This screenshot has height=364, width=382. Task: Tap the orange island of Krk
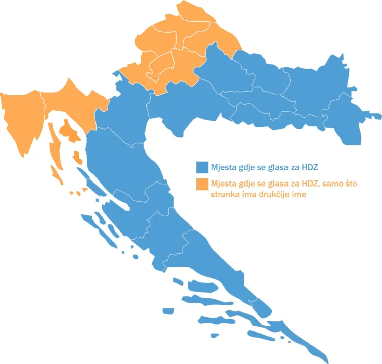pos(67,132)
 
